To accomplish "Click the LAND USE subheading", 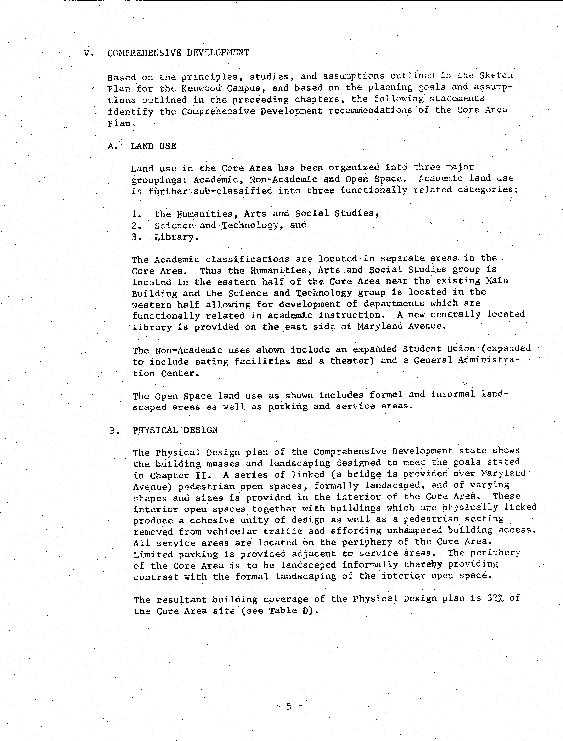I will tap(153, 146).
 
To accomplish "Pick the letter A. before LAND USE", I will tap(113, 147).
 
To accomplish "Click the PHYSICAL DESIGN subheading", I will tap(175, 430).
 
